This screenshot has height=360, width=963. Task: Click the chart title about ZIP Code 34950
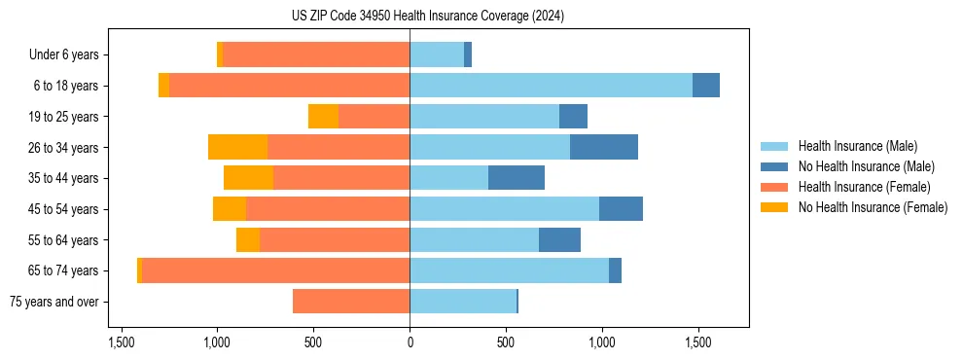tap(427, 16)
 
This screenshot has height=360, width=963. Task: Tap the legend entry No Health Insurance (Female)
tap(873, 207)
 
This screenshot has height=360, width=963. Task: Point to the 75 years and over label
tap(53, 302)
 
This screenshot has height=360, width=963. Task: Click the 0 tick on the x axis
tap(410, 343)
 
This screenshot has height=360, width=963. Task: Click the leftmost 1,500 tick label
tap(121, 343)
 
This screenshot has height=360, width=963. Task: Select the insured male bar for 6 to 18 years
tap(551, 86)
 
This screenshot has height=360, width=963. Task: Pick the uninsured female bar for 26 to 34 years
tap(237, 147)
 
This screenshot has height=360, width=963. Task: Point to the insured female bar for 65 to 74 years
tap(275, 270)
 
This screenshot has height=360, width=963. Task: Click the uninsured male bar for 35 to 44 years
tap(517, 178)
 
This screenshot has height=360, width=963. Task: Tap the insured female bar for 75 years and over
tap(351, 302)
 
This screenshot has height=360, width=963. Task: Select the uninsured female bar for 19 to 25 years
tap(323, 117)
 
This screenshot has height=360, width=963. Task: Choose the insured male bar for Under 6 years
tap(437, 54)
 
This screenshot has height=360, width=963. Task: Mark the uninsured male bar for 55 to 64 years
tap(559, 239)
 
